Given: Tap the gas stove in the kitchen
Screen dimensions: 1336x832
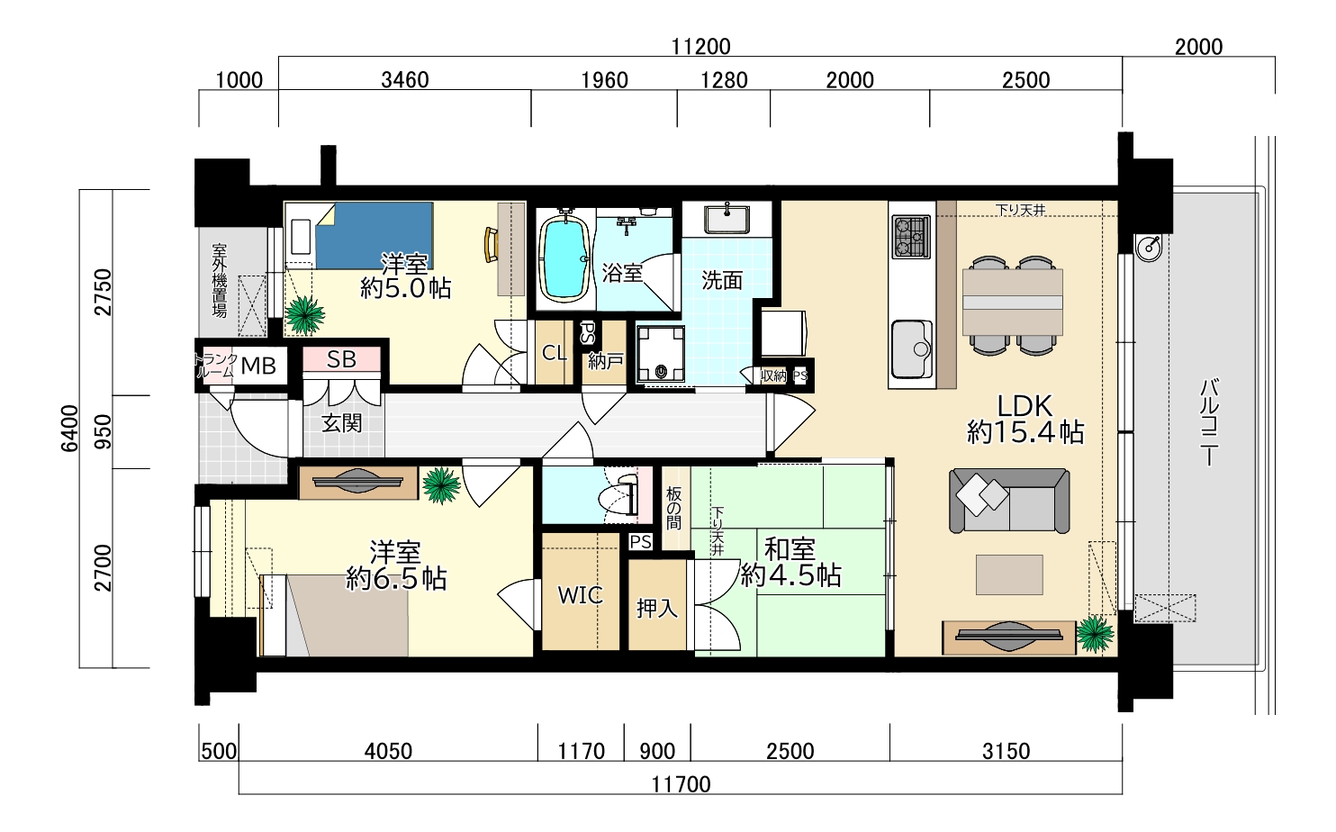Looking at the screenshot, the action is click(x=911, y=237).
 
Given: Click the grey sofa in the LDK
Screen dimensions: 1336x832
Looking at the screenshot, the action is click(x=1009, y=501).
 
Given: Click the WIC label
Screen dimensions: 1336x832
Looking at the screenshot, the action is click(x=580, y=594).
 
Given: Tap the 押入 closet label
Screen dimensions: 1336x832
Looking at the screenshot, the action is click(x=656, y=608).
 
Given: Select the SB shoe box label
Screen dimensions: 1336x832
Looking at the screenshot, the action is click(x=341, y=359).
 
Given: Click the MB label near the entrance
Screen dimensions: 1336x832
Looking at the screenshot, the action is click(x=258, y=365).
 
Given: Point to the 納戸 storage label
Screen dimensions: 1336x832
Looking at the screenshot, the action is click(x=605, y=361).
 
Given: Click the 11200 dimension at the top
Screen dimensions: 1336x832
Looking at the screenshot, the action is click(x=700, y=47).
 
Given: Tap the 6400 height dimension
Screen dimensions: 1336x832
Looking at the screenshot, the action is click(x=70, y=429).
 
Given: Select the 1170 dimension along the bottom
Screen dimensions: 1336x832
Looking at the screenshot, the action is click(x=581, y=751).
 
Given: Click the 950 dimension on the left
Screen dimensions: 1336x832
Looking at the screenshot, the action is click(x=103, y=432).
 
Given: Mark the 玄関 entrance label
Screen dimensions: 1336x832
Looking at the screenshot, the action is click(x=342, y=423).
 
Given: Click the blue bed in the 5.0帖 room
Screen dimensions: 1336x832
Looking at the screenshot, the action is click(x=374, y=236).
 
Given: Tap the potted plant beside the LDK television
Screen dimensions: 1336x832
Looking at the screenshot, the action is click(x=1095, y=633).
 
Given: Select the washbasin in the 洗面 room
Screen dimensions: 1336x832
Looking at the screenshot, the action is click(x=727, y=219).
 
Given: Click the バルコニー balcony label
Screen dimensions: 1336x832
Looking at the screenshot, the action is click(x=1209, y=421).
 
